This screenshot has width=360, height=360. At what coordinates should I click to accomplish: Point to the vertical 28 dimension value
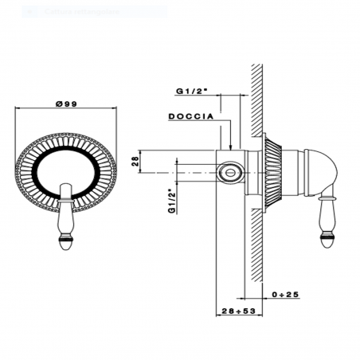pos(135,162)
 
